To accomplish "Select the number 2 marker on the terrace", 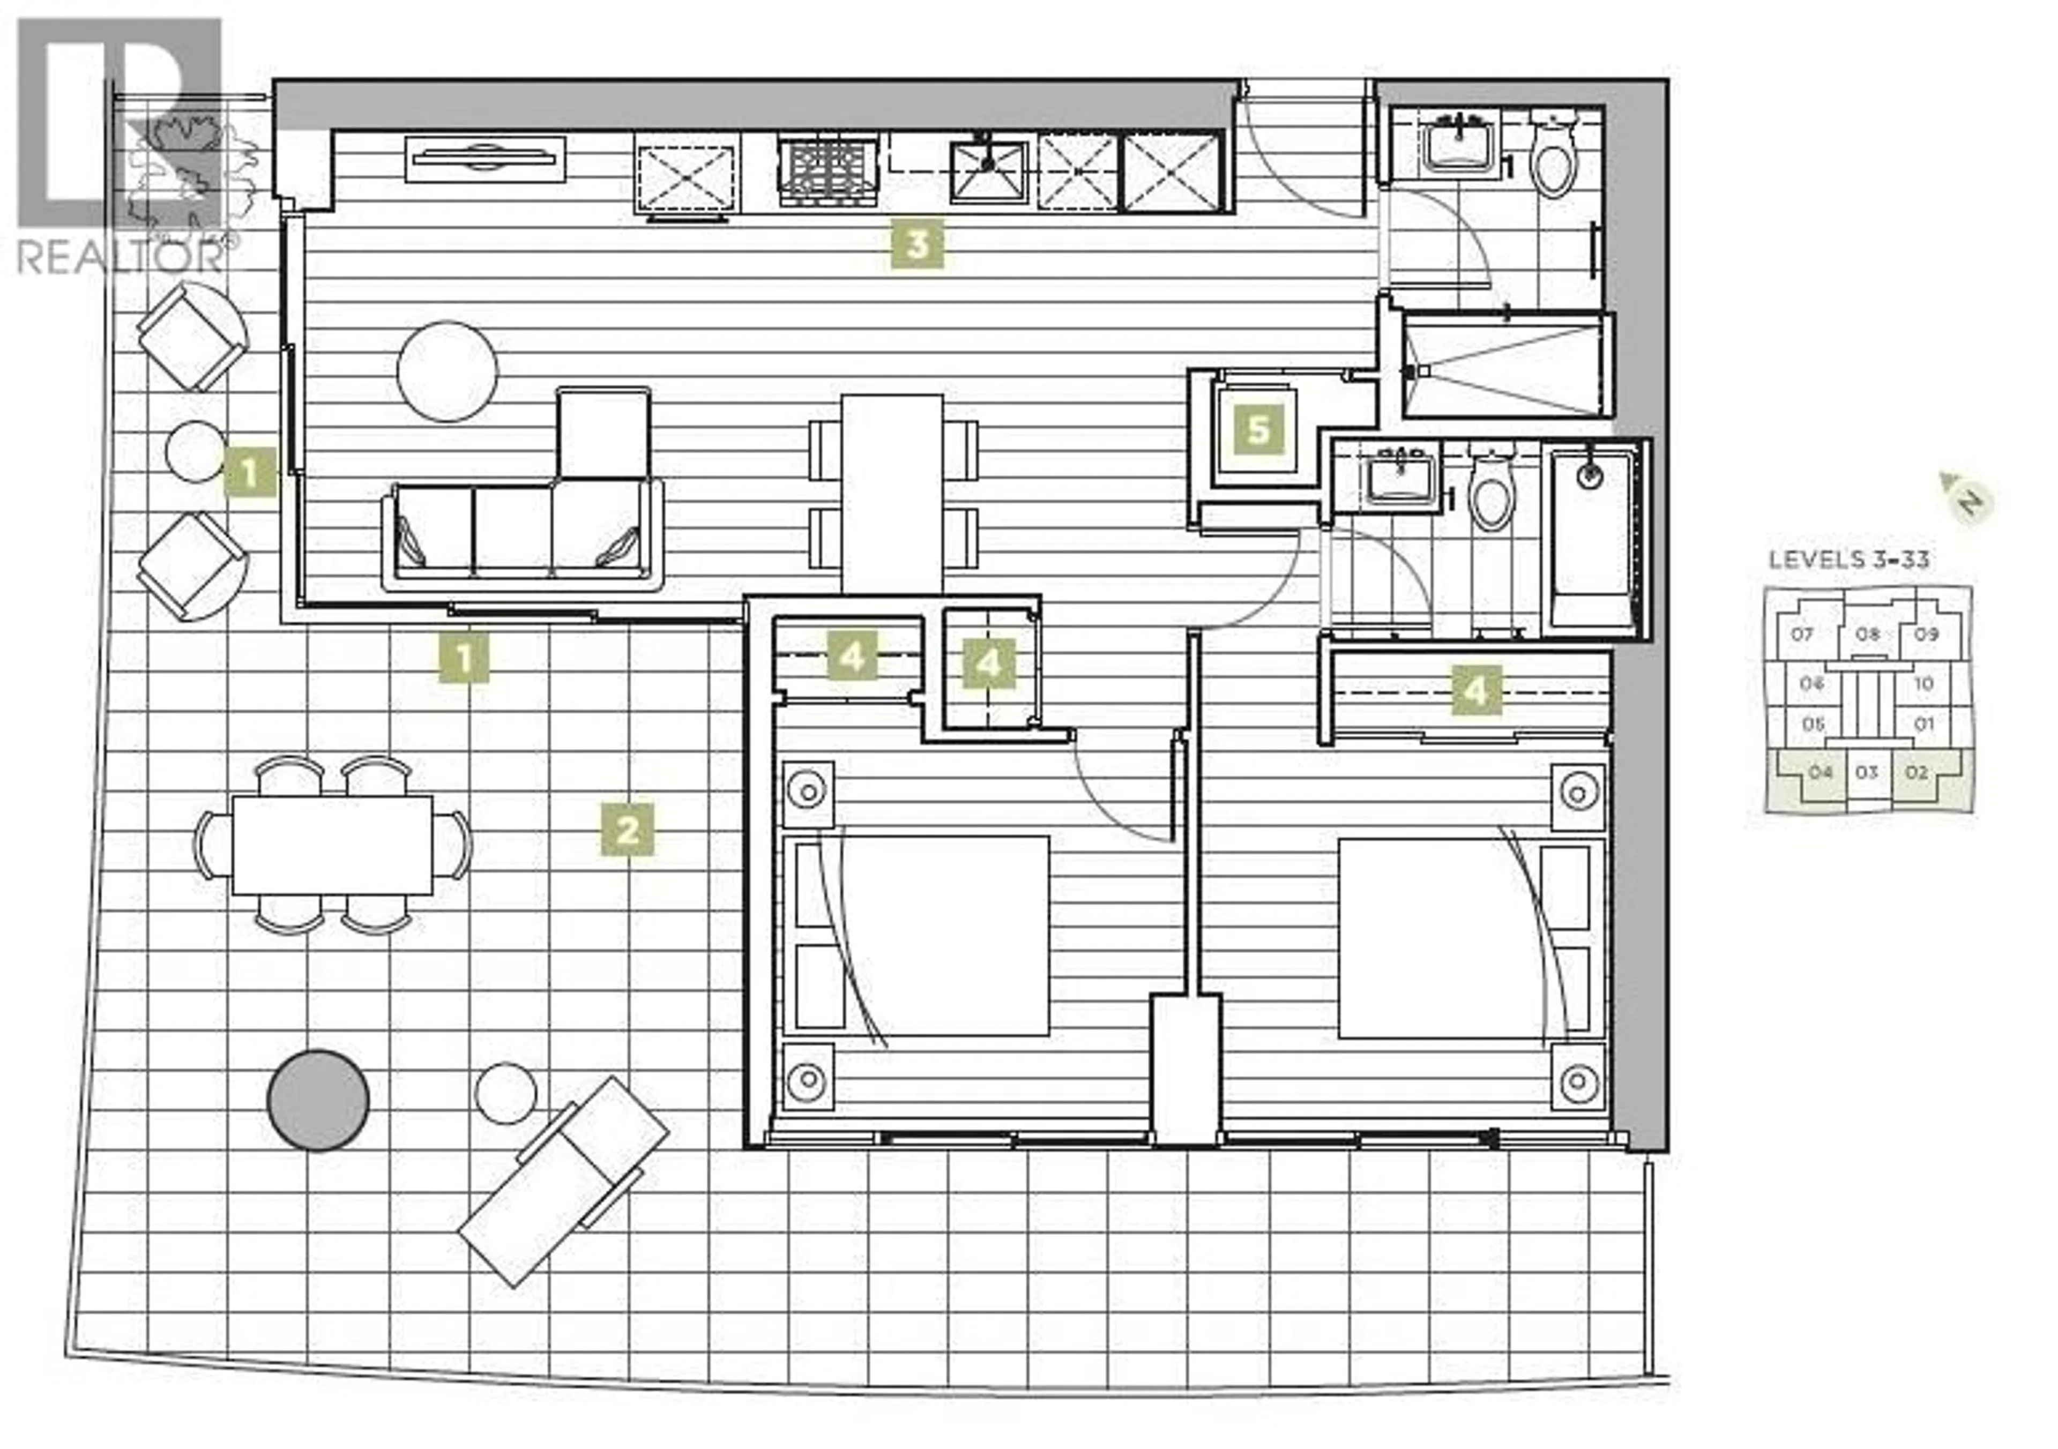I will tap(628, 830).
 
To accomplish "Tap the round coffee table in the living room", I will tap(448, 371).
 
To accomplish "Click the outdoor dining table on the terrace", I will tap(332, 845).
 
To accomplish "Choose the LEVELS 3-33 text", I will tap(1848, 560).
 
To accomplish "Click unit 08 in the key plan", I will tap(1867, 634).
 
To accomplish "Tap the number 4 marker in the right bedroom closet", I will tap(1475, 691).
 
